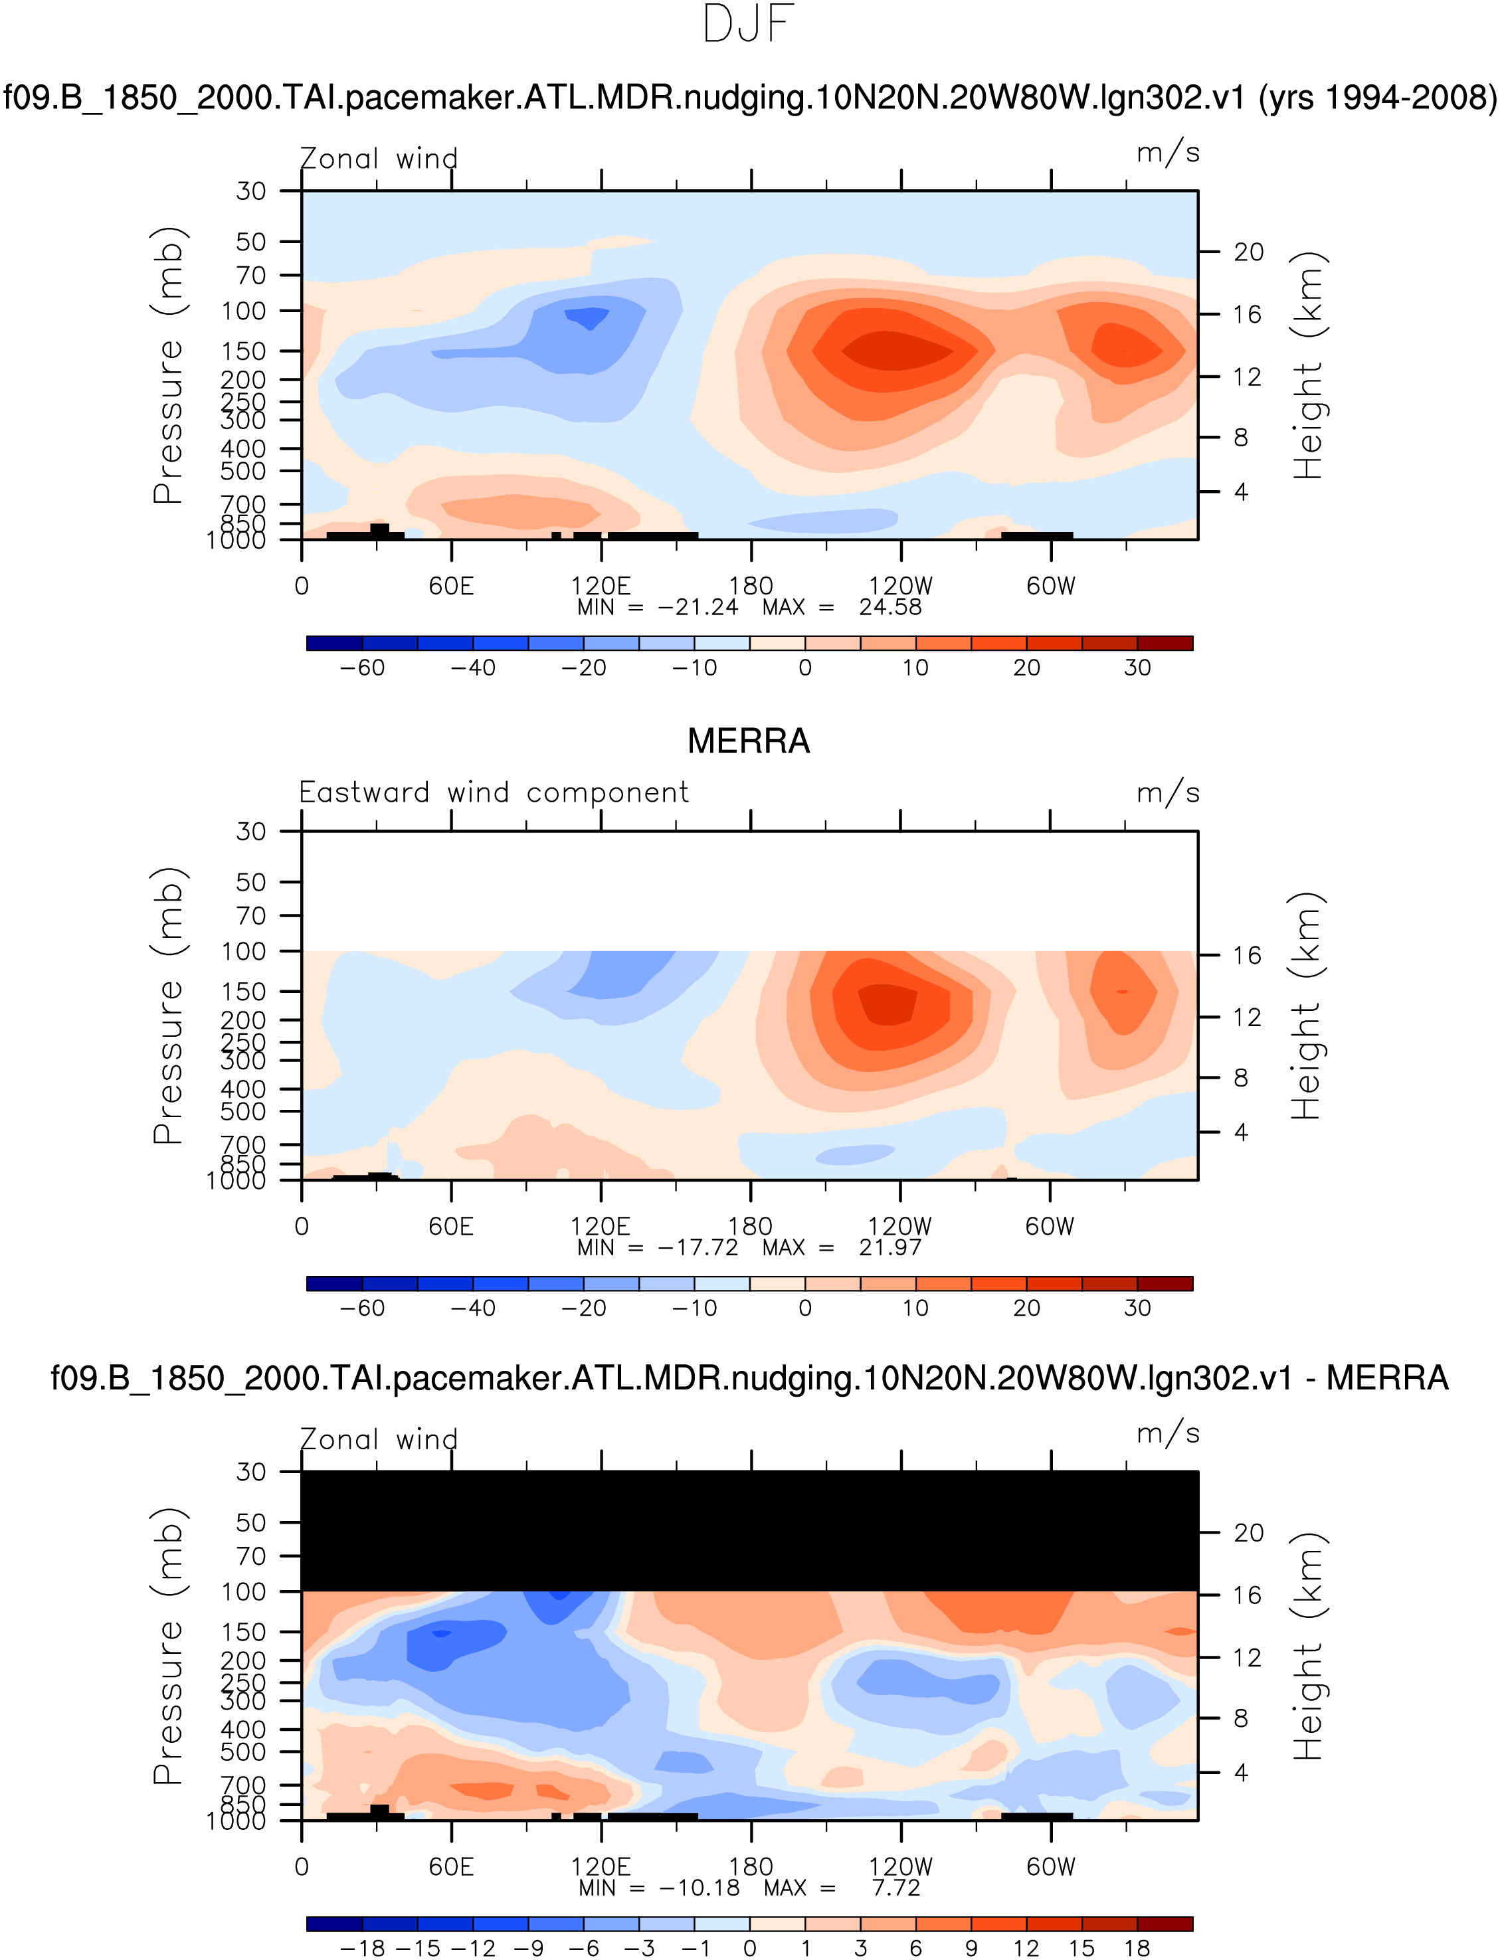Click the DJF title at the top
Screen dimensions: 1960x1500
click(748, 25)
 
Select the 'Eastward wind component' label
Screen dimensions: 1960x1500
click(494, 792)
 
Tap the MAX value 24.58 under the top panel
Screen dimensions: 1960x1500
click(890, 607)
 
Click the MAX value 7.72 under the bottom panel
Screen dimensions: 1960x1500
click(895, 1888)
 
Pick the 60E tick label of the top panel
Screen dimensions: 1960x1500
click(451, 586)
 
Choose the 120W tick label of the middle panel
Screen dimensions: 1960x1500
click(900, 1226)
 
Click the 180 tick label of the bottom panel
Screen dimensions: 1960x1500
click(750, 1867)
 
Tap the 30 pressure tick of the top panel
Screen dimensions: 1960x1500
click(251, 191)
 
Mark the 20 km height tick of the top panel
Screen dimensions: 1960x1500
click(1248, 252)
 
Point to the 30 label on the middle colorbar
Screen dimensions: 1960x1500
click(1137, 1308)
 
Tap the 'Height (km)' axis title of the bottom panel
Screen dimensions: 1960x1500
click(1307, 1646)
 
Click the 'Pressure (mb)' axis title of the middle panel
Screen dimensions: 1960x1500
click(168, 1006)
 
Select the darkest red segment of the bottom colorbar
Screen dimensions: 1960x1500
click(1165, 1923)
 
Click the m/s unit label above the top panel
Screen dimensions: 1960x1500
click(1168, 153)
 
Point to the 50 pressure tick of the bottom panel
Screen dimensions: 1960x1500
click(251, 1523)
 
